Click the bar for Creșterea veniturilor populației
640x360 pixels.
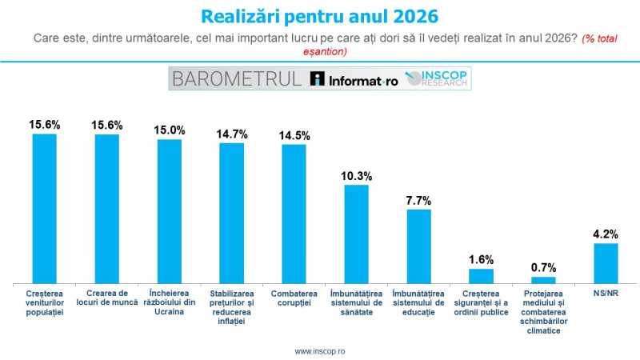coord(45,208)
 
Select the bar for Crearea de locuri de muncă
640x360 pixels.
coord(107,208)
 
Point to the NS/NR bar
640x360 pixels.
coord(606,263)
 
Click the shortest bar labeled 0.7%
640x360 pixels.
coord(543,280)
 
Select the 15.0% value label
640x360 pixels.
coord(169,130)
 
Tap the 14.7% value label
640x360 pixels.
coord(231,134)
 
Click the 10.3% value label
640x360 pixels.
coord(357,175)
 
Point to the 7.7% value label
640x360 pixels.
coord(419,200)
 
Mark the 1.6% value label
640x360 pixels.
coord(481,259)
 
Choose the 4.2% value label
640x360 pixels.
coord(606,234)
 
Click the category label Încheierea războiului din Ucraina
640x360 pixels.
coord(169,303)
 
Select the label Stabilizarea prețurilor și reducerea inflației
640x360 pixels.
coord(232,308)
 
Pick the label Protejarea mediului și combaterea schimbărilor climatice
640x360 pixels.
coord(543,312)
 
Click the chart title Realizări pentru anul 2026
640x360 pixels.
coord(319,17)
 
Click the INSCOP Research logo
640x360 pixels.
coord(438,78)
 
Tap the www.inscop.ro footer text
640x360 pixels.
coord(320,350)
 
